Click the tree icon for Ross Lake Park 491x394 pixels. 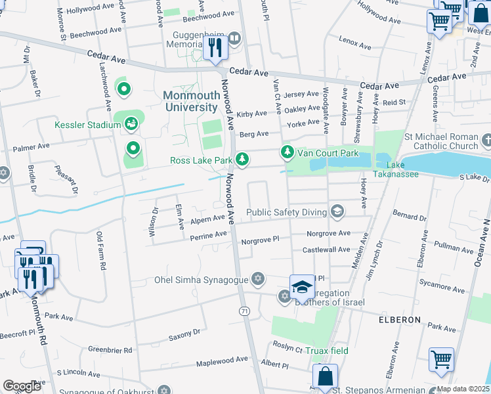[242, 159]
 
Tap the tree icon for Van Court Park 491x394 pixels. [287, 152]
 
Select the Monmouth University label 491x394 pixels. [191, 101]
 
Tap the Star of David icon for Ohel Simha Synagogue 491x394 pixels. [258, 280]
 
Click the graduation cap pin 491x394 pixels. [301, 286]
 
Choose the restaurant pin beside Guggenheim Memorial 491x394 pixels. [215, 47]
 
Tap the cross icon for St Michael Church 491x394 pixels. [486, 141]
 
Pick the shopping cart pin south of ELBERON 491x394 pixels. [441, 360]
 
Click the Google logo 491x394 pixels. [22, 386]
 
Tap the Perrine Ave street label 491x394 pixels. [209, 234]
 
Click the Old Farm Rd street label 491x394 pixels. [100, 252]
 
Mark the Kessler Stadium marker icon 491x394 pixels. [131, 123]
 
